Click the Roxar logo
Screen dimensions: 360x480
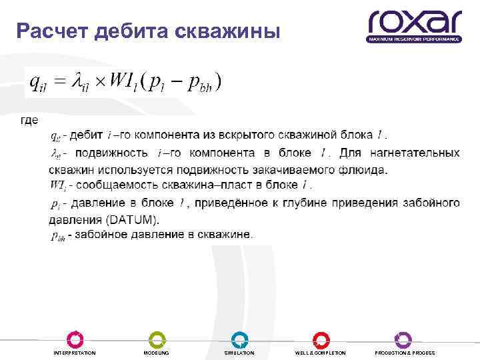coord(414,26)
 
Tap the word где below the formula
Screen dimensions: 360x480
coord(30,121)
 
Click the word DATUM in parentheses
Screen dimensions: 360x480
coord(133,219)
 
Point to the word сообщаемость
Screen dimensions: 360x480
coord(107,185)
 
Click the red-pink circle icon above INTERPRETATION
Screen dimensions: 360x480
coord(75,339)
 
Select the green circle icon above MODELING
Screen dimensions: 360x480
coord(157,339)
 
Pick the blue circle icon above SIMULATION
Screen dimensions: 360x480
coord(239,339)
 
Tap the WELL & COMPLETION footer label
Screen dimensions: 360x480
coord(321,353)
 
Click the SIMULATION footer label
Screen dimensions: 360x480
coord(239,353)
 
